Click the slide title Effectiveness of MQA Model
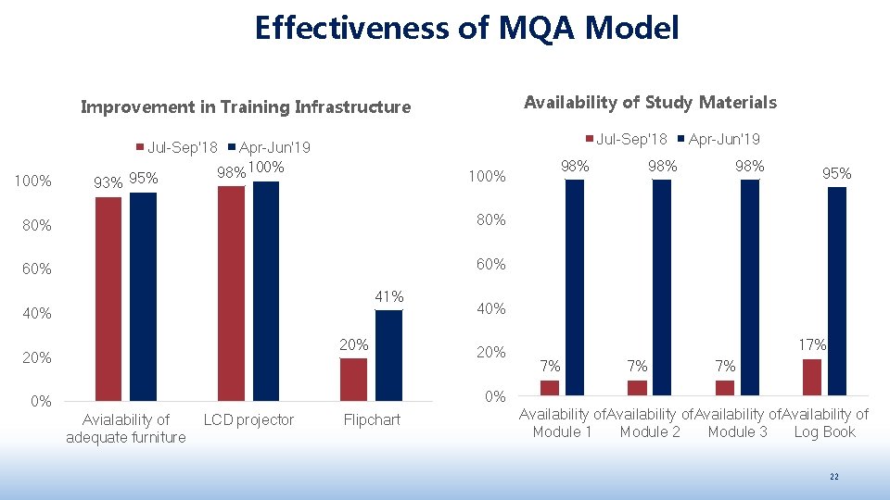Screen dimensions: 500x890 [x=466, y=28]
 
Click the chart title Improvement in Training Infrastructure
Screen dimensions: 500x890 [x=246, y=106]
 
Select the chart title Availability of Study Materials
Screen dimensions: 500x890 [x=650, y=102]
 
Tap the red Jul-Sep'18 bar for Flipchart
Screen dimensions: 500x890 [x=353, y=379]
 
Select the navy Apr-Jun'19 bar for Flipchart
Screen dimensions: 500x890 [x=388, y=355]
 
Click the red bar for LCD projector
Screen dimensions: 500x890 [x=231, y=293]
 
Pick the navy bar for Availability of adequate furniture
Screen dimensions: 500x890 [x=143, y=296]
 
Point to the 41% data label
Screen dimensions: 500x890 [x=389, y=297]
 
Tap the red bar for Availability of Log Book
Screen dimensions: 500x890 [x=812, y=377]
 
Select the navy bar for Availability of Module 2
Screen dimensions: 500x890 [x=662, y=287]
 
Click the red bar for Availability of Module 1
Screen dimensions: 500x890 [x=550, y=387]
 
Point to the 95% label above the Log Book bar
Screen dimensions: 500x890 [x=836, y=173]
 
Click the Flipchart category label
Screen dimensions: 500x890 [x=372, y=420]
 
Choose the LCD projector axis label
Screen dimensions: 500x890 [x=248, y=420]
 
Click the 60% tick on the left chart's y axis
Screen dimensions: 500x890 [x=37, y=269]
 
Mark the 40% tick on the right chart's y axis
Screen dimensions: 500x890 [x=491, y=309]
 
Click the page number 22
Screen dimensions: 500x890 [x=833, y=476]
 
